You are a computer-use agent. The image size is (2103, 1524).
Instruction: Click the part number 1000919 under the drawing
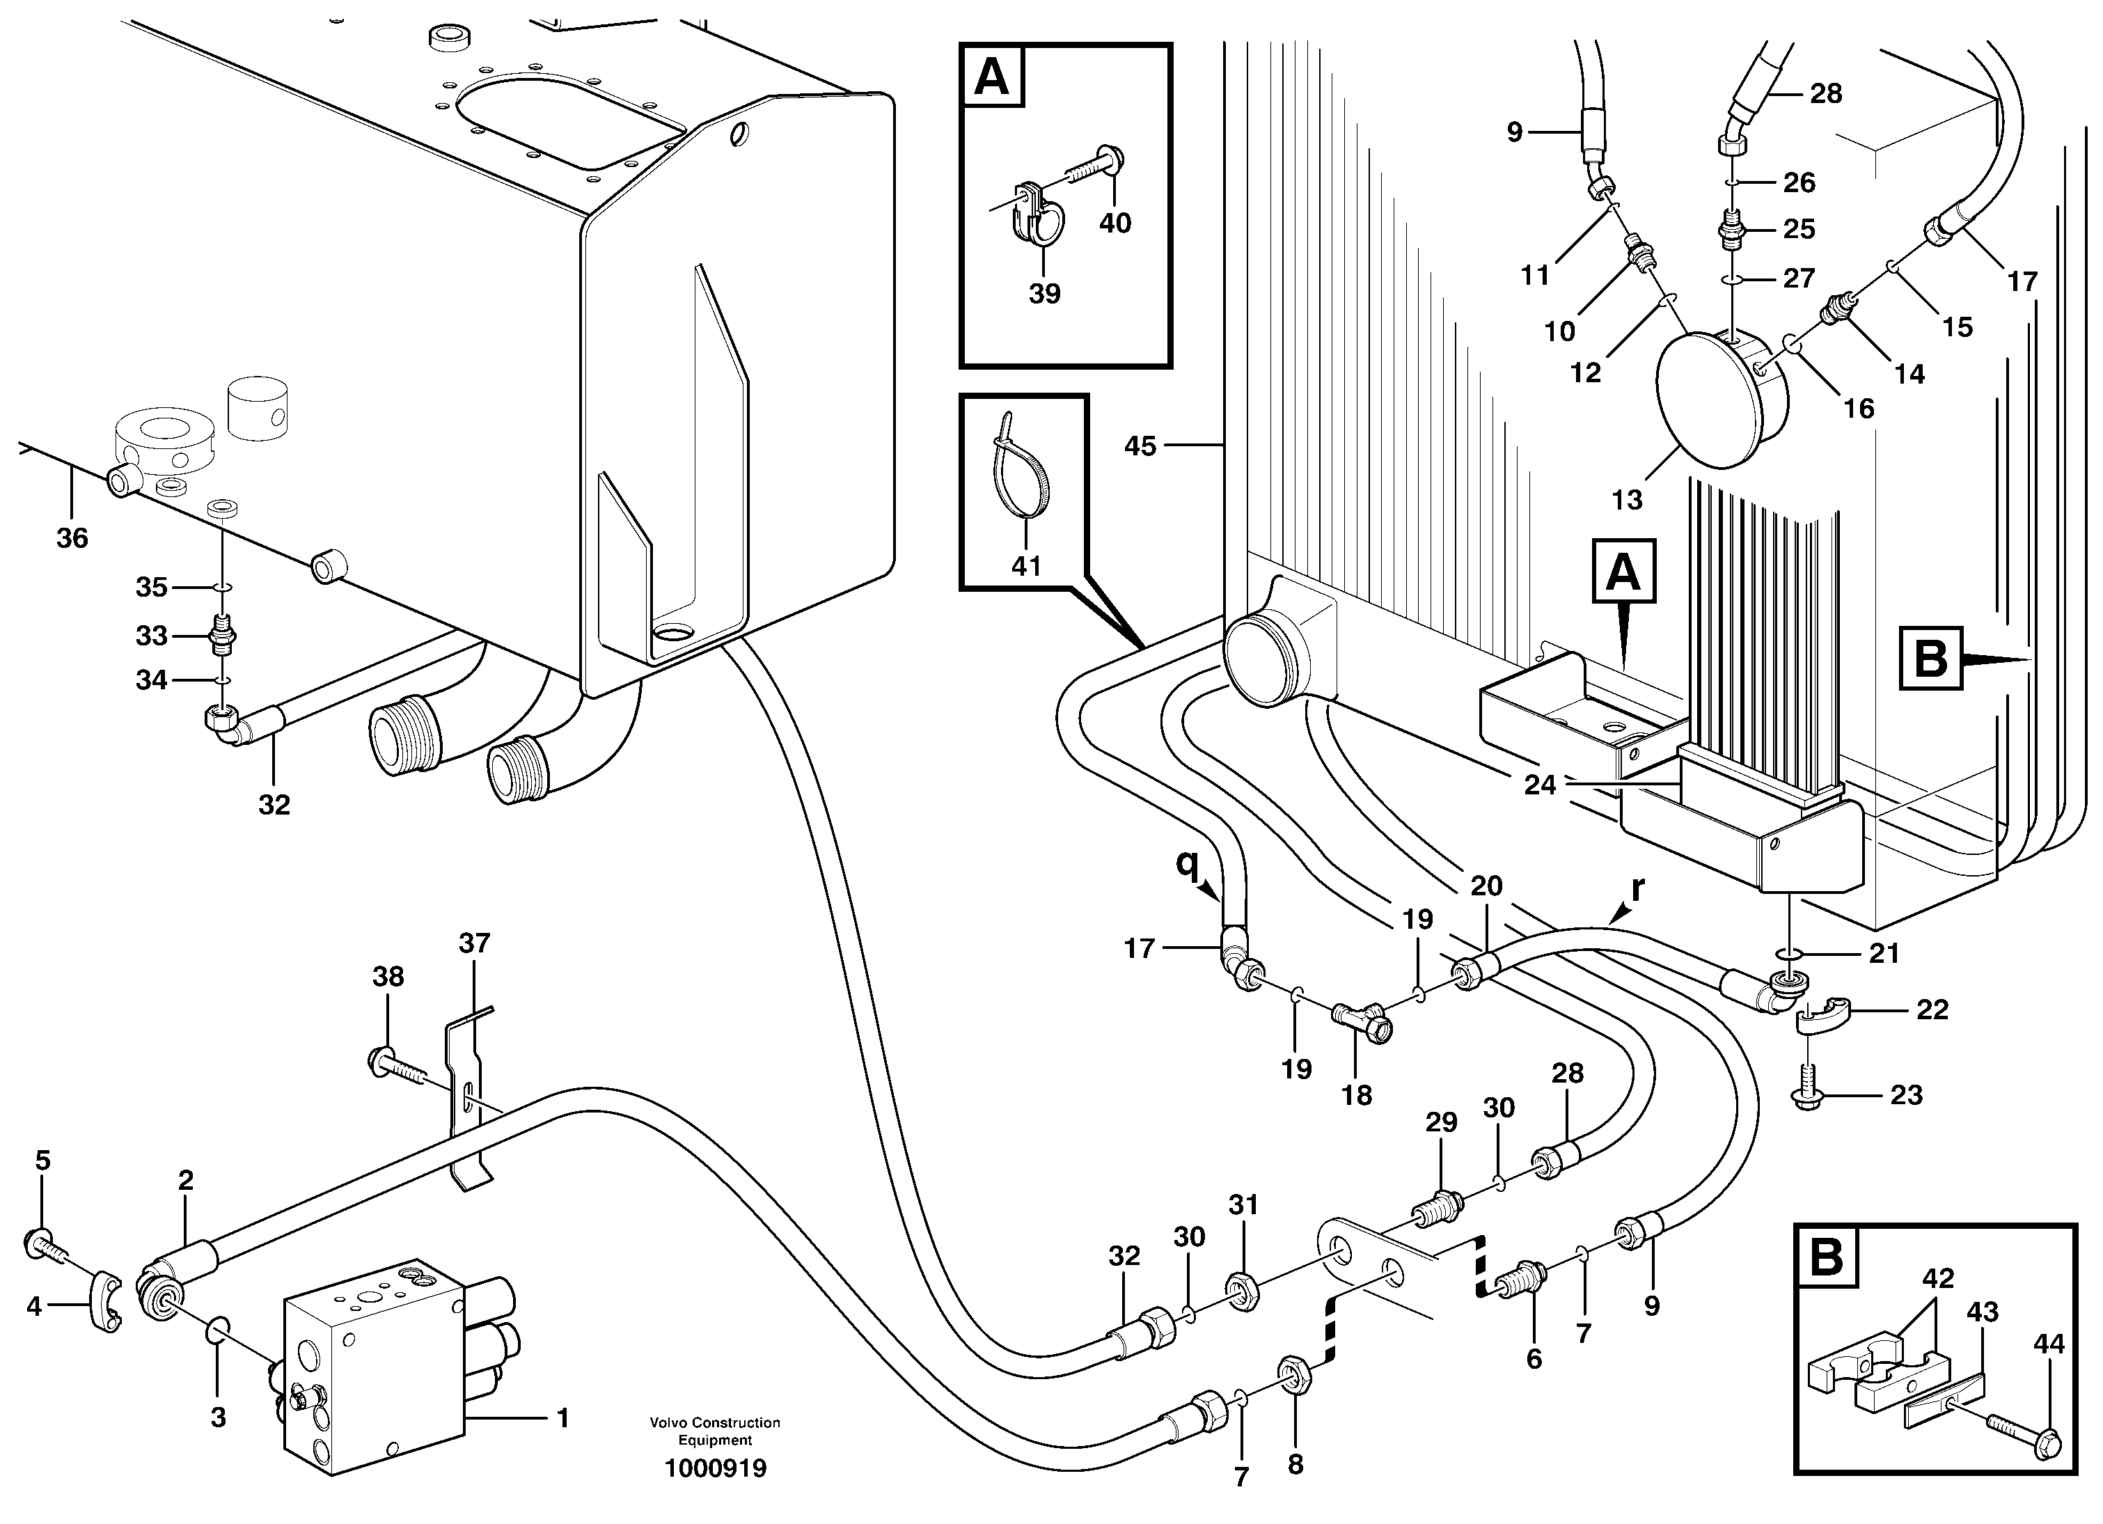(x=715, y=1468)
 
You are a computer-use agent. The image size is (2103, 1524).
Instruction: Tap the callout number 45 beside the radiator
(x=1140, y=446)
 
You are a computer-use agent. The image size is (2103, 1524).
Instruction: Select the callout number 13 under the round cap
(x=1626, y=500)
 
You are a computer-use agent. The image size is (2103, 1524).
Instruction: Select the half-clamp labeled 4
(x=106, y=1301)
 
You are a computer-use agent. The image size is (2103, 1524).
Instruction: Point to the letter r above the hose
(x=1637, y=888)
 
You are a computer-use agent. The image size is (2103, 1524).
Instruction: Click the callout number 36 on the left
(x=72, y=538)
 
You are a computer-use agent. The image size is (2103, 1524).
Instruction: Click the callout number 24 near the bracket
(x=1539, y=785)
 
